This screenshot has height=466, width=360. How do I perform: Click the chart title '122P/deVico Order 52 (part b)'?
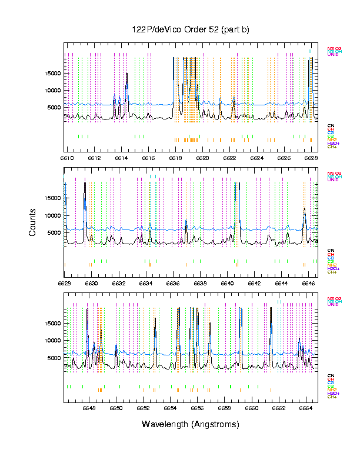point(191,30)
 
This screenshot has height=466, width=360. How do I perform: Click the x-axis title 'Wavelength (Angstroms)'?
point(191,424)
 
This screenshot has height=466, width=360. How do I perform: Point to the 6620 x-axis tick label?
point(203,158)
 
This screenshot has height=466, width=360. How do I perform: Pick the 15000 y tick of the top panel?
point(53,73)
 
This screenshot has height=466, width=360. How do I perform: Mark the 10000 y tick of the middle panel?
point(53,215)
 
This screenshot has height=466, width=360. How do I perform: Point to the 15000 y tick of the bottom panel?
point(53,323)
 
